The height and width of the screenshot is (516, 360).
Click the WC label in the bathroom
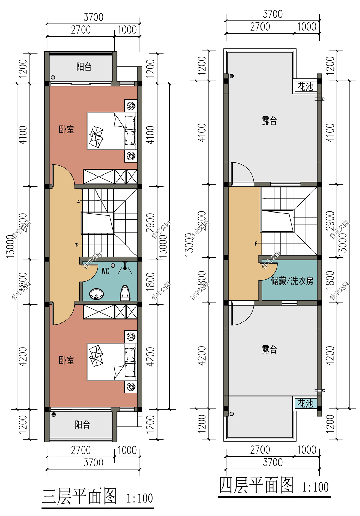click(x=105, y=271)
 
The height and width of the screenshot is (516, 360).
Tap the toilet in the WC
click(x=125, y=293)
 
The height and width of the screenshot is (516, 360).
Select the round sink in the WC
click(x=97, y=294)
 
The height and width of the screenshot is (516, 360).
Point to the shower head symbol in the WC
click(x=125, y=268)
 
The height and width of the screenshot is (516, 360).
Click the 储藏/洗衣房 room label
click(x=292, y=281)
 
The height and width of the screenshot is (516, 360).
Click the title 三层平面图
click(x=79, y=496)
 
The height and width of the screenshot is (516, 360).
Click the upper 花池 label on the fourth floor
click(x=305, y=87)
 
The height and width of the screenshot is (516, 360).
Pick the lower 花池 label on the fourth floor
click(x=305, y=403)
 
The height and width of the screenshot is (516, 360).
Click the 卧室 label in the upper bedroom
click(x=66, y=129)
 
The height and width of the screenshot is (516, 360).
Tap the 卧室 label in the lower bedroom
click(x=66, y=360)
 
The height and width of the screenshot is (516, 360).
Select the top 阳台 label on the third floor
click(x=84, y=67)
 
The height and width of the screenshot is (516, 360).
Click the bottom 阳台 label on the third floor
click(x=83, y=425)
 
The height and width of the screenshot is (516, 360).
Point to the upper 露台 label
click(x=269, y=121)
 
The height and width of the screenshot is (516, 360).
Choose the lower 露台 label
click(x=269, y=350)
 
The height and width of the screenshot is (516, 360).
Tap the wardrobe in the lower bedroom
click(x=110, y=312)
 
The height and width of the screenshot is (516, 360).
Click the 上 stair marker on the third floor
click(x=78, y=201)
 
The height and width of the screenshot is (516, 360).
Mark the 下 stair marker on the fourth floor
click(x=256, y=243)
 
